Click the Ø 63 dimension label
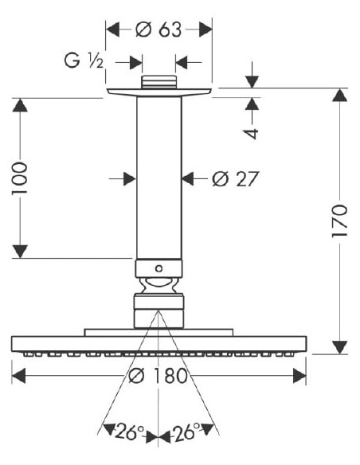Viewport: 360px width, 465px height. (x=158, y=29)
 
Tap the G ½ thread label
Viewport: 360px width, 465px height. (x=84, y=61)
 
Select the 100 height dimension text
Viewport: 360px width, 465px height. (x=20, y=178)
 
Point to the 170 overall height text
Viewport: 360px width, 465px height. (x=339, y=221)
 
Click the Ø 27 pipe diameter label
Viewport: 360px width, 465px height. (x=236, y=179)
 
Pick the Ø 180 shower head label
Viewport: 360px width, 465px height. (x=158, y=376)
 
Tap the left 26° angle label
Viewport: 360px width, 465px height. (x=129, y=432)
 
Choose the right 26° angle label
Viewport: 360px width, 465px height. (x=186, y=432)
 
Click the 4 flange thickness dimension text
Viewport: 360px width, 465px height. (x=252, y=134)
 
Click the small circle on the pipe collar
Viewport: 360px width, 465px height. (x=159, y=268)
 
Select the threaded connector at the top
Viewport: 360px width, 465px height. (x=159, y=82)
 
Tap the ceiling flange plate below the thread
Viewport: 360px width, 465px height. (x=159, y=92)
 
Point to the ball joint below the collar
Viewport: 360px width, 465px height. (x=159, y=286)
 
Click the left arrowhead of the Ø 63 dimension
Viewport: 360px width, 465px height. (x=112, y=29)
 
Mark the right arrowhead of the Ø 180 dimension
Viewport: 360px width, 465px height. (x=299, y=376)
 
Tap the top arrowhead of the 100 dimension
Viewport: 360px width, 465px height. (x=20, y=105)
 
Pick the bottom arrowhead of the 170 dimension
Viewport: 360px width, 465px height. (x=340, y=347)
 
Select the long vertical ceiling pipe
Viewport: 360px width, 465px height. (x=159, y=178)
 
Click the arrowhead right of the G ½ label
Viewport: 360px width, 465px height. (x=136, y=63)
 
